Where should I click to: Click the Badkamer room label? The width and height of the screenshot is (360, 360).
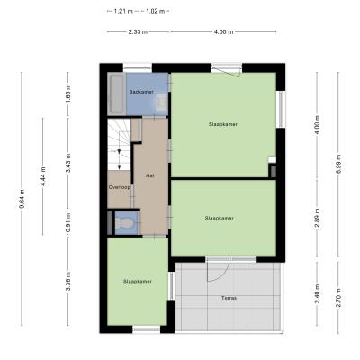pyautogui.click(x=141, y=92)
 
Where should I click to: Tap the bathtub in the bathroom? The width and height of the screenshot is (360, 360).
pyautogui.click(x=117, y=94)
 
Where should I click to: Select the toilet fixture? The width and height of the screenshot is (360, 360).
pyautogui.click(x=124, y=223)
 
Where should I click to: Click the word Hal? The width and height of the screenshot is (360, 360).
pyautogui.click(x=150, y=175)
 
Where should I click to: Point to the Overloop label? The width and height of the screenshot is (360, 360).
pyautogui.click(x=120, y=187)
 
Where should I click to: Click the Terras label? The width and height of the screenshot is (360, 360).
pyautogui.click(x=229, y=298)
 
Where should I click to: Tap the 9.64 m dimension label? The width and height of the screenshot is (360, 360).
pyautogui.click(x=22, y=199)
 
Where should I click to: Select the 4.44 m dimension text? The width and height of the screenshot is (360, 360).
pyautogui.click(x=43, y=176)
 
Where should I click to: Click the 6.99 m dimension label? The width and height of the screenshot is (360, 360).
pyautogui.click(x=338, y=164)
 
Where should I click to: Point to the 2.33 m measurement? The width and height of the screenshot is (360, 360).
pyautogui.click(x=138, y=32)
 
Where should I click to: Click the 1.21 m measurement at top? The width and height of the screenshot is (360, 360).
pyautogui.click(x=123, y=12)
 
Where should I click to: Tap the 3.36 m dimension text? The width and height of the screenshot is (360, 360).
pyautogui.click(x=68, y=281)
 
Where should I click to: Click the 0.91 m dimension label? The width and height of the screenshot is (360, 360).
pyautogui.click(x=68, y=222)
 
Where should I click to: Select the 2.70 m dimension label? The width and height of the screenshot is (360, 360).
pyautogui.click(x=338, y=298)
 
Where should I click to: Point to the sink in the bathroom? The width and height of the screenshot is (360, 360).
pyautogui.click(x=162, y=103)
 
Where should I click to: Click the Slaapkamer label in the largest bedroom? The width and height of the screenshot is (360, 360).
pyautogui.click(x=223, y=124)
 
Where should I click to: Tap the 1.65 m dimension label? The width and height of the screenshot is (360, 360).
pyautogui.click(x=68, y=94)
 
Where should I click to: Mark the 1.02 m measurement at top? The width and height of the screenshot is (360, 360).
pyautogui.click(x=156, y=12)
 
